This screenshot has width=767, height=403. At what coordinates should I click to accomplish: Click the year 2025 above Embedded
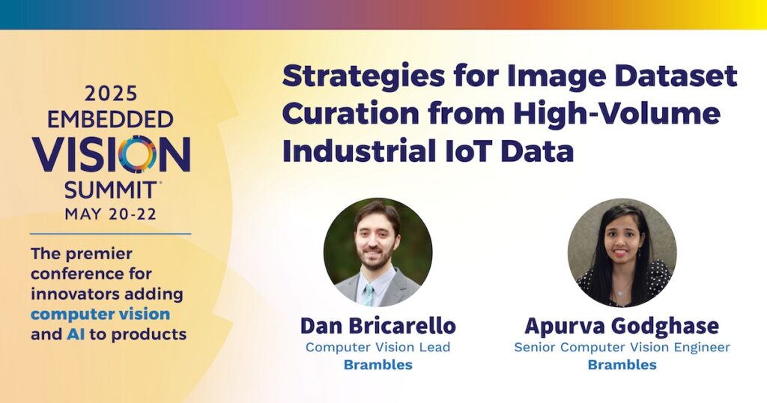pos(111,94)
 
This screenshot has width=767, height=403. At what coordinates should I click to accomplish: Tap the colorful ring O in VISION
pos(138,154)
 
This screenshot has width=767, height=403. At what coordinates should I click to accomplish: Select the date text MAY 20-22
pos(111,213)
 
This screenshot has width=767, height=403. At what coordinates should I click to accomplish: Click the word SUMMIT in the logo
pos(110,190)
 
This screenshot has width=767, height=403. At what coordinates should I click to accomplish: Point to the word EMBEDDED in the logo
pos(110,119)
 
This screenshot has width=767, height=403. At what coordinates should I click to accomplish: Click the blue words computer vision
pos(100,314)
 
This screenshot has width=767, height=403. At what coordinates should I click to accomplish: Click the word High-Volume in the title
pos(616,113)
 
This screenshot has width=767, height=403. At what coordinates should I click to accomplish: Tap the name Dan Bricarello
pos(378,326)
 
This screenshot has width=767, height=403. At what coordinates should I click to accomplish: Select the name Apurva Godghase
pos(622,326)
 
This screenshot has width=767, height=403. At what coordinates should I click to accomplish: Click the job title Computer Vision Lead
pos(378,348)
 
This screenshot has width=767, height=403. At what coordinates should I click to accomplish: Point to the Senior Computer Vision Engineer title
pos(622,348)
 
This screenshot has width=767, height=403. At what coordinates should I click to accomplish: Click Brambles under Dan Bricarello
pos(378,365)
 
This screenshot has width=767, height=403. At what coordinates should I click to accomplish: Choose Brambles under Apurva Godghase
pos(622,365)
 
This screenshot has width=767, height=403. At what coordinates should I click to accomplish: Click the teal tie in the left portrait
pos(368,295)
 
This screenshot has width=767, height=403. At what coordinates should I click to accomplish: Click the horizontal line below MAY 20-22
pos(111,234)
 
